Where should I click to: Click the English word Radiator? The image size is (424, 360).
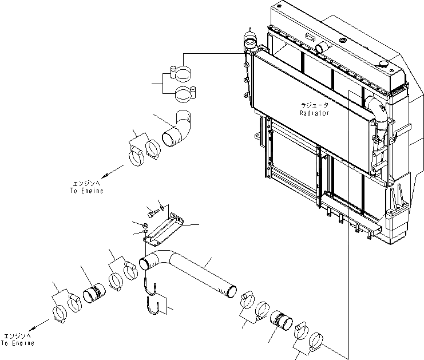(x=315, y=113)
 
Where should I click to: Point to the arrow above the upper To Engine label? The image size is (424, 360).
(x=112, y=171)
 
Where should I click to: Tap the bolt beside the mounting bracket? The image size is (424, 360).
(x=154, y=213)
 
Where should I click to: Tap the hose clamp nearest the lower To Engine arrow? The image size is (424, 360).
(x=60, y=314)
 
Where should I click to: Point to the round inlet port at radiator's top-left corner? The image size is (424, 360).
(x=250, y=41)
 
